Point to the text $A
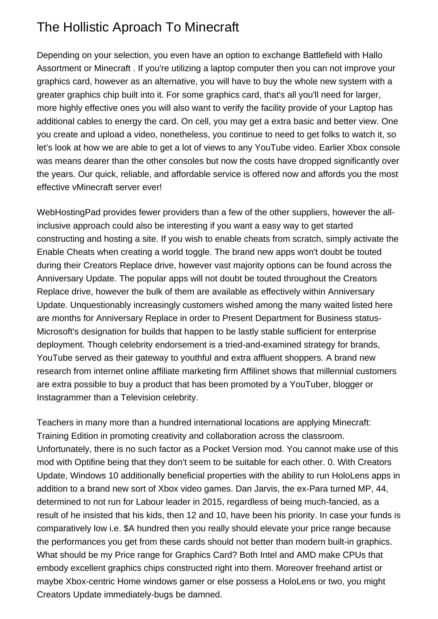pyautogui.click(x=129, y=528)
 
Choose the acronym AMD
pyautogui.click(x=306, y=555)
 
